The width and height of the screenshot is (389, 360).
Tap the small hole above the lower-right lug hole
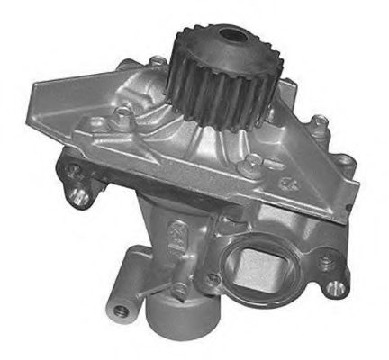324,261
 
